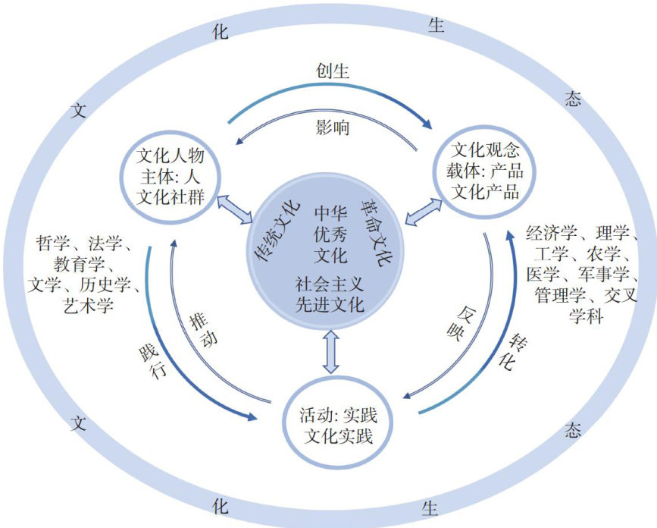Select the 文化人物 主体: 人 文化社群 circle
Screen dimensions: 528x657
pos(171,174)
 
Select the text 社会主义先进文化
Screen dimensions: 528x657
pos(330,296)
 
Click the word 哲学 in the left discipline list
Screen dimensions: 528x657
pos(53,244)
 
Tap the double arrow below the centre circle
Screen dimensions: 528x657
pos(331,350)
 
